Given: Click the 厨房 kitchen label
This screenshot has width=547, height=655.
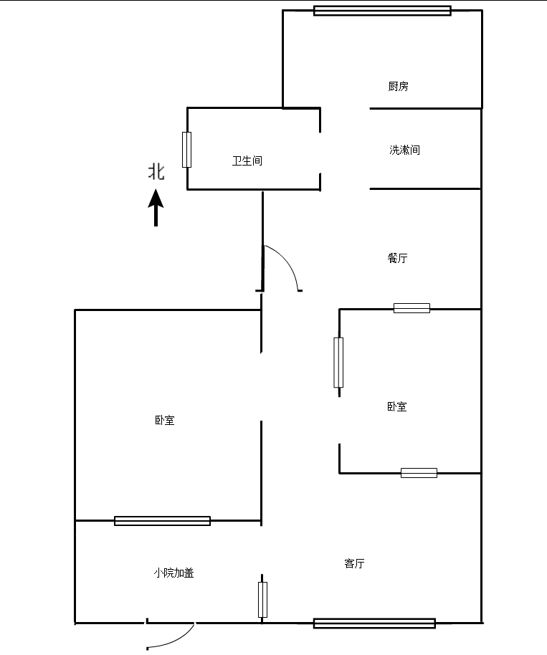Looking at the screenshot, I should (x=398, y=87).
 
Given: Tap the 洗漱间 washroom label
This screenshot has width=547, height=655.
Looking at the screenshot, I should (x=404, y=150).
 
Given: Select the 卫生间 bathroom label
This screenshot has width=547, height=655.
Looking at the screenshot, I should (x=247, y=161).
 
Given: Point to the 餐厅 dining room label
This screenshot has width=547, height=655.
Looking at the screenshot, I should (x=397, y=258).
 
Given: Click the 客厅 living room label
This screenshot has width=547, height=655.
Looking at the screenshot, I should (x=354, y=564).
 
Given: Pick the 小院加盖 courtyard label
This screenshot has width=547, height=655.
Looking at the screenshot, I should (x=173, y=573).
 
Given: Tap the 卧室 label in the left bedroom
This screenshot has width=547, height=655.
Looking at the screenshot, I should (x=164, y=421).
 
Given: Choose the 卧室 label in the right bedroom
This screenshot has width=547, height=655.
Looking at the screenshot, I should (x=396, y=406).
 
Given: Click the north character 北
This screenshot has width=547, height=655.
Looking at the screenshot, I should (x=156, y=172).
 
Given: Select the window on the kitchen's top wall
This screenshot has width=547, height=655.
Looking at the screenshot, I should (x=382, y=11).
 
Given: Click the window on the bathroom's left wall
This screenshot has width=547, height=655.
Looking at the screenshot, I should (x=186, y=150).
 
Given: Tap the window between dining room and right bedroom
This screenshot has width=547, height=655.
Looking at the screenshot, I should (x=412, y=308).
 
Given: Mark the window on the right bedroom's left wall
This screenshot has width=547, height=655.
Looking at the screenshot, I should (x=338, y=362).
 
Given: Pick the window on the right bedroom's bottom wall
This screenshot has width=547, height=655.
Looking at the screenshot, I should (x=419, y=473).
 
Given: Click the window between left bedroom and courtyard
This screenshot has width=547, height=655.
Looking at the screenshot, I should (x=162, y=521).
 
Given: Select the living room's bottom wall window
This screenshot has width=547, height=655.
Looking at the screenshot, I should (x=374, y=623).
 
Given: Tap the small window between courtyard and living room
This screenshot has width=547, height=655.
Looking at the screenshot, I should (x=262, y=600).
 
